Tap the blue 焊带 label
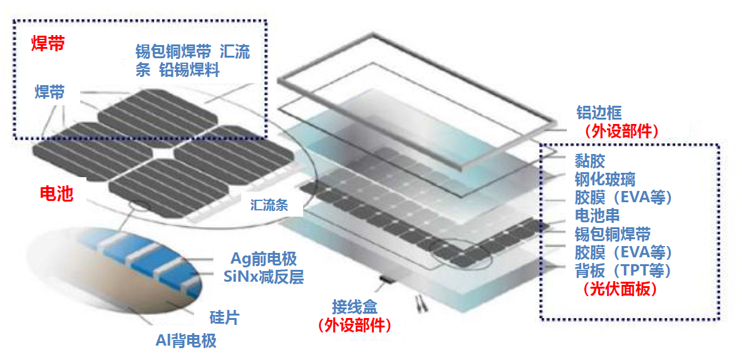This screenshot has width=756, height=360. point(49,93)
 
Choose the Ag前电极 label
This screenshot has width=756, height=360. point(263,259)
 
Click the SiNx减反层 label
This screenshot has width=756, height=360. point(263,276)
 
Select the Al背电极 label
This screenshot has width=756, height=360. point(186,341)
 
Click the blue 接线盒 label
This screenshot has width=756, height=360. point(355,308)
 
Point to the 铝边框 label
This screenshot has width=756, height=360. point(599,113)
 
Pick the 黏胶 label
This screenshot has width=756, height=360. point(590,161)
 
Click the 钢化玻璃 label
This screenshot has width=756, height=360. point(605,179)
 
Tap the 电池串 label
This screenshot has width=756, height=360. point(598,216)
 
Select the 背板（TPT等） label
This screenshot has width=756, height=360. point(623,271)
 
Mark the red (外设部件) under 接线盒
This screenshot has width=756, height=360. point(354,326)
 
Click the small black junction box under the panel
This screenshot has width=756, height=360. point(385,278)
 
